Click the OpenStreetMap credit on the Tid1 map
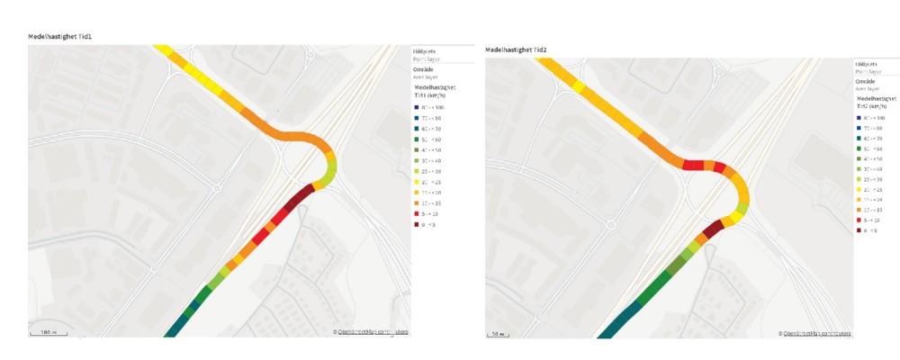tap(370, 332)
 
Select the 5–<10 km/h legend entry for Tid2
tap(868, 219)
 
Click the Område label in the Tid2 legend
tap(864, 82)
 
